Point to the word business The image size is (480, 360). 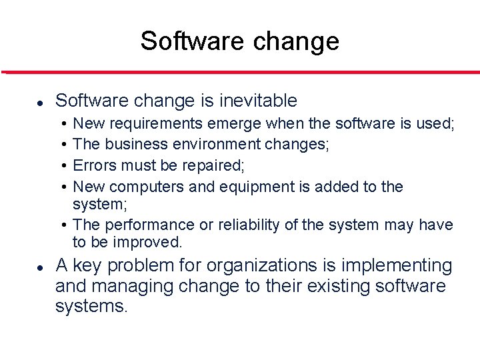pyautogui.click(x=136, y=144)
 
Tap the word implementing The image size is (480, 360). pyautogui.click(x=397, y=266)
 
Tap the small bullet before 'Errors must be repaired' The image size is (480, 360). pyautogui.click(x=61, y=165)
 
